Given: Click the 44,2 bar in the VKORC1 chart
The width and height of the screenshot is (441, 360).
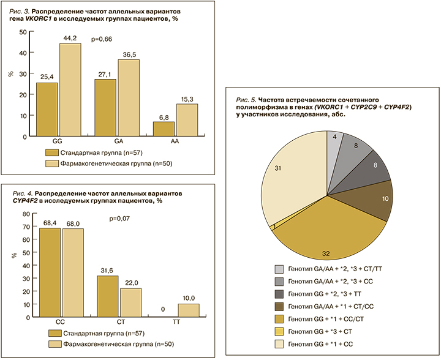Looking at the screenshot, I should [70, 89].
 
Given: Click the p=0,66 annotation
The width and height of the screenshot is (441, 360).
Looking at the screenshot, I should [102, 40].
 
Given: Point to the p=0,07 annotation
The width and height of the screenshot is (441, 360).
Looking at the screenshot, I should [120, 218].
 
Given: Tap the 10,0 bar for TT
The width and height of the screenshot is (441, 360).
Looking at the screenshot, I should [187, 310].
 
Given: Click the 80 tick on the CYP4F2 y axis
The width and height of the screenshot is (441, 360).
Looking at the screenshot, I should [25, 214].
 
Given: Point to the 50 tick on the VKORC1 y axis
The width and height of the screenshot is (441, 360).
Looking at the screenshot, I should [23, 32].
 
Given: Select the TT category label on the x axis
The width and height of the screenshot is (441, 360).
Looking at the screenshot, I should [176, 321].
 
